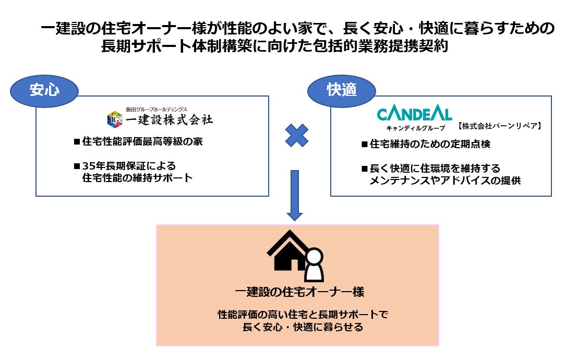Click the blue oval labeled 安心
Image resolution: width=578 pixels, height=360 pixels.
click(x=44, y=90)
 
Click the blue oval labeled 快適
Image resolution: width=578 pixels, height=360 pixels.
click(x=342, y=90)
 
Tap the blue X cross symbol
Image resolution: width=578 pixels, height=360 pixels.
click(x=297, y=135)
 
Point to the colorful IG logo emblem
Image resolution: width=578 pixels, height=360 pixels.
click(x=114, y=119)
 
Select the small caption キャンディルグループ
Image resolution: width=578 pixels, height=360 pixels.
click(x=409, y=127)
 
